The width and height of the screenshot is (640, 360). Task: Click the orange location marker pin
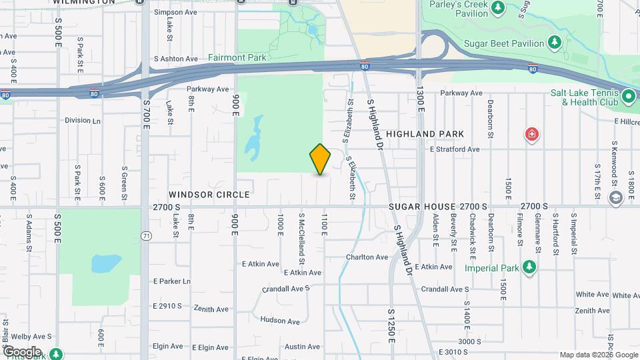point(320,159)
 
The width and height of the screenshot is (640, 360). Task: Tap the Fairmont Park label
point(237,58)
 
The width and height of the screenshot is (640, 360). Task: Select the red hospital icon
point(532,135)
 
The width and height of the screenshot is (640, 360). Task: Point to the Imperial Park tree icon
point(529,267)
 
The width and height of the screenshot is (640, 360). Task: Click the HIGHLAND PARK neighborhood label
point(443,134)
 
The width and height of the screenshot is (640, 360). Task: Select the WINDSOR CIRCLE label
point(199,195)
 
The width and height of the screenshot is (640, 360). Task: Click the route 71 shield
point(146,235)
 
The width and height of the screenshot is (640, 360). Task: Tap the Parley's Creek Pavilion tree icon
point(497,8)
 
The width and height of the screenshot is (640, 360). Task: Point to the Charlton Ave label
point(367,257)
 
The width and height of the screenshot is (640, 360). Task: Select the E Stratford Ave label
point(454,149)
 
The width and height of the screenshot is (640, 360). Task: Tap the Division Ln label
point(83,121)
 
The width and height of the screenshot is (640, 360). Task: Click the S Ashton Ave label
point(176,59)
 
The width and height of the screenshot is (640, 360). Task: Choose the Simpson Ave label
point(175,12)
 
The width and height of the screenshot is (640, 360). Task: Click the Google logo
point(22,351)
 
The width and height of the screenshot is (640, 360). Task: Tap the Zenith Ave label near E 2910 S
point(211,309)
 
